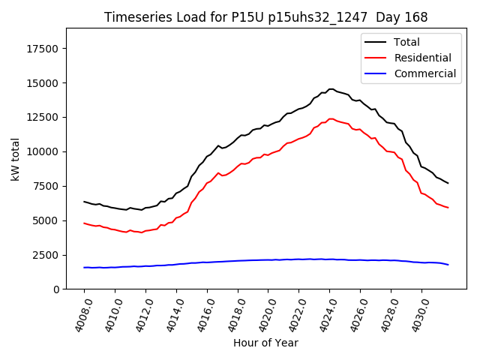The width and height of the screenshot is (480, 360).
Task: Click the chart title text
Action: coord(265,17)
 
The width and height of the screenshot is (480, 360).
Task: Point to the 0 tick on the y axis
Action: coord(57,289)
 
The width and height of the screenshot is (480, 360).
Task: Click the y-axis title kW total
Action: coord(15,159)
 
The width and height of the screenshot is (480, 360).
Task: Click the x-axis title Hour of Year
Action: coord(265,343)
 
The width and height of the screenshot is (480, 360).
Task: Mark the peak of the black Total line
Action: coord(331,89)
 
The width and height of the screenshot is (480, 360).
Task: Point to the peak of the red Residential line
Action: coord(331,118)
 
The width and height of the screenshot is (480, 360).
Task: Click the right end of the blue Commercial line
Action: coord(448,265)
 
